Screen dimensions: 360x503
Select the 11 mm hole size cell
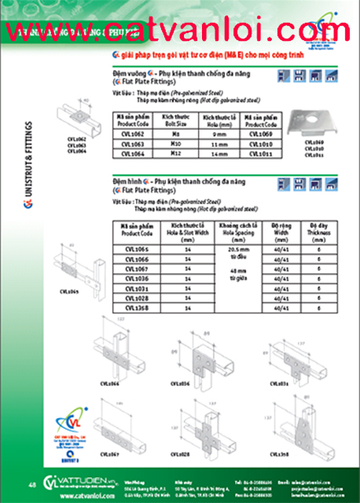220,145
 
